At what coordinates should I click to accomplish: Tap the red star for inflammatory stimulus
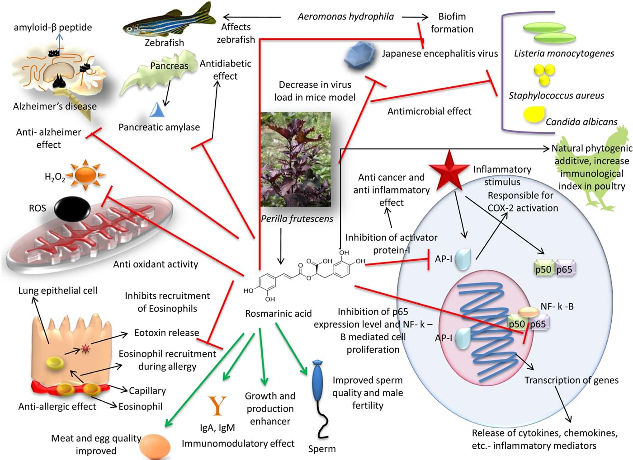(449, 170)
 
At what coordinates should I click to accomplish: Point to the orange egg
(155, 446)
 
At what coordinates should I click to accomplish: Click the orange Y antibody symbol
(217, 405)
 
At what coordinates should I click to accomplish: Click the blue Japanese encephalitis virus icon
(360, 55)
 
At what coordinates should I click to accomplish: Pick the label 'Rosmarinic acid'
(278, 314)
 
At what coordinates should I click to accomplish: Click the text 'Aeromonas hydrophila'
(345, 17)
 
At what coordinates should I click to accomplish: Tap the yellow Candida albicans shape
(534, 114)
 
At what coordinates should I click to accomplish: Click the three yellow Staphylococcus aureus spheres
(543, 74)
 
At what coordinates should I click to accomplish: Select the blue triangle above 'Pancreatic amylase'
(157, 110)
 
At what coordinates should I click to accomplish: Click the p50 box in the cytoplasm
(543, 269)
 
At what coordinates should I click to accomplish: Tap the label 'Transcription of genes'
(571, 380)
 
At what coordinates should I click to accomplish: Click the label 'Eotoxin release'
(166, 333)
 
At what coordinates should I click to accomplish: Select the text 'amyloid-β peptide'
(53, 27)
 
